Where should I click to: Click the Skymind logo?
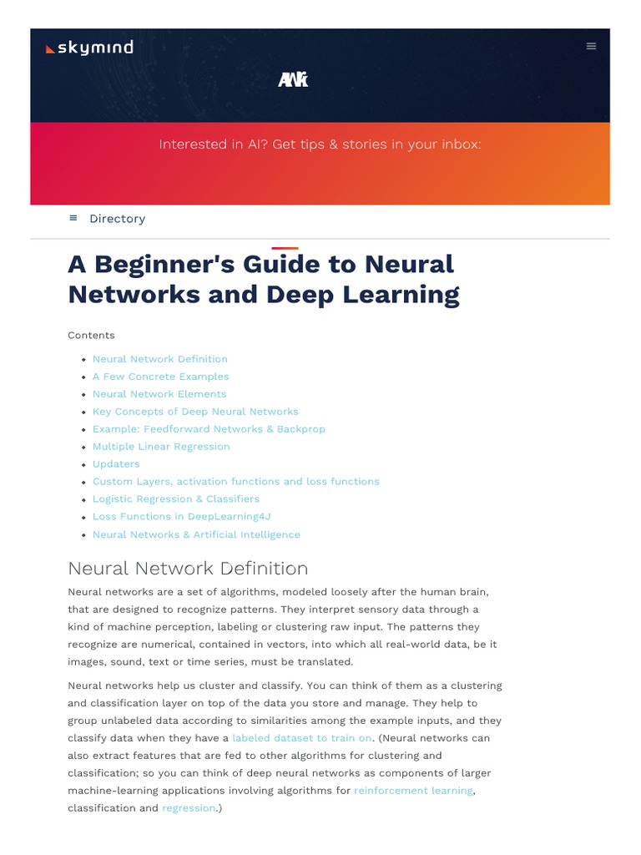click(89, 48)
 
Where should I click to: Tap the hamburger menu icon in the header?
click(591, 47)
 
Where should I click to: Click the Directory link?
click(117, 219)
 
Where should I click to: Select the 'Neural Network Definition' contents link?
click(159, 359)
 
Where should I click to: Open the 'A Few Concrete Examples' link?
click(160, 377)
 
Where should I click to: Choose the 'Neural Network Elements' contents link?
click(159, 394)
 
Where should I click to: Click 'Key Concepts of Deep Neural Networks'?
click(195, 412)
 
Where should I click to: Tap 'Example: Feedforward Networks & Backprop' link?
click(209, 429)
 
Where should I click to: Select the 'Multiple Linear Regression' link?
click(161, 447)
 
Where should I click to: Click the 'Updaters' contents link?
click(116, 464)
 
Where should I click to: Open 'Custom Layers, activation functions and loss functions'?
click(235, 482)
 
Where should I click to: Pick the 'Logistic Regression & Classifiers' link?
click(176, 499)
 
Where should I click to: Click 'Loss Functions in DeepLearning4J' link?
click(182, 517)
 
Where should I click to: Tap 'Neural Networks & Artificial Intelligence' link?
click(196, 534)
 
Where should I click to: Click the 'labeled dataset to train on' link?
click(302, 738)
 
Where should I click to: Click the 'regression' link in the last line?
click(189, 808)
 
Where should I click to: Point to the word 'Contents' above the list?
click(91, 336)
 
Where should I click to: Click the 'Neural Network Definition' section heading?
click(188, 569)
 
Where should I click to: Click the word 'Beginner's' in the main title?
click(164, 265)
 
